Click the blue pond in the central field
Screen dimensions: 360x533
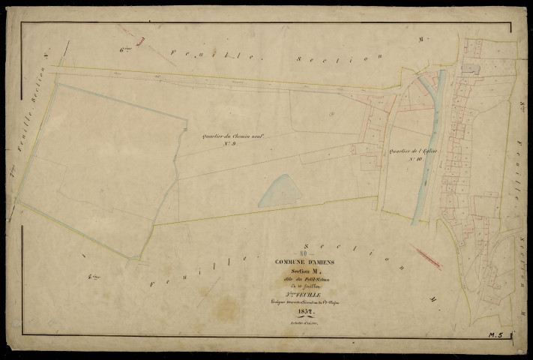point(280,192)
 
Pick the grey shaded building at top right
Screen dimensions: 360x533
point(470,68)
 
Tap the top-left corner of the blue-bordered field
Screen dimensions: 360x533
point(58,84)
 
